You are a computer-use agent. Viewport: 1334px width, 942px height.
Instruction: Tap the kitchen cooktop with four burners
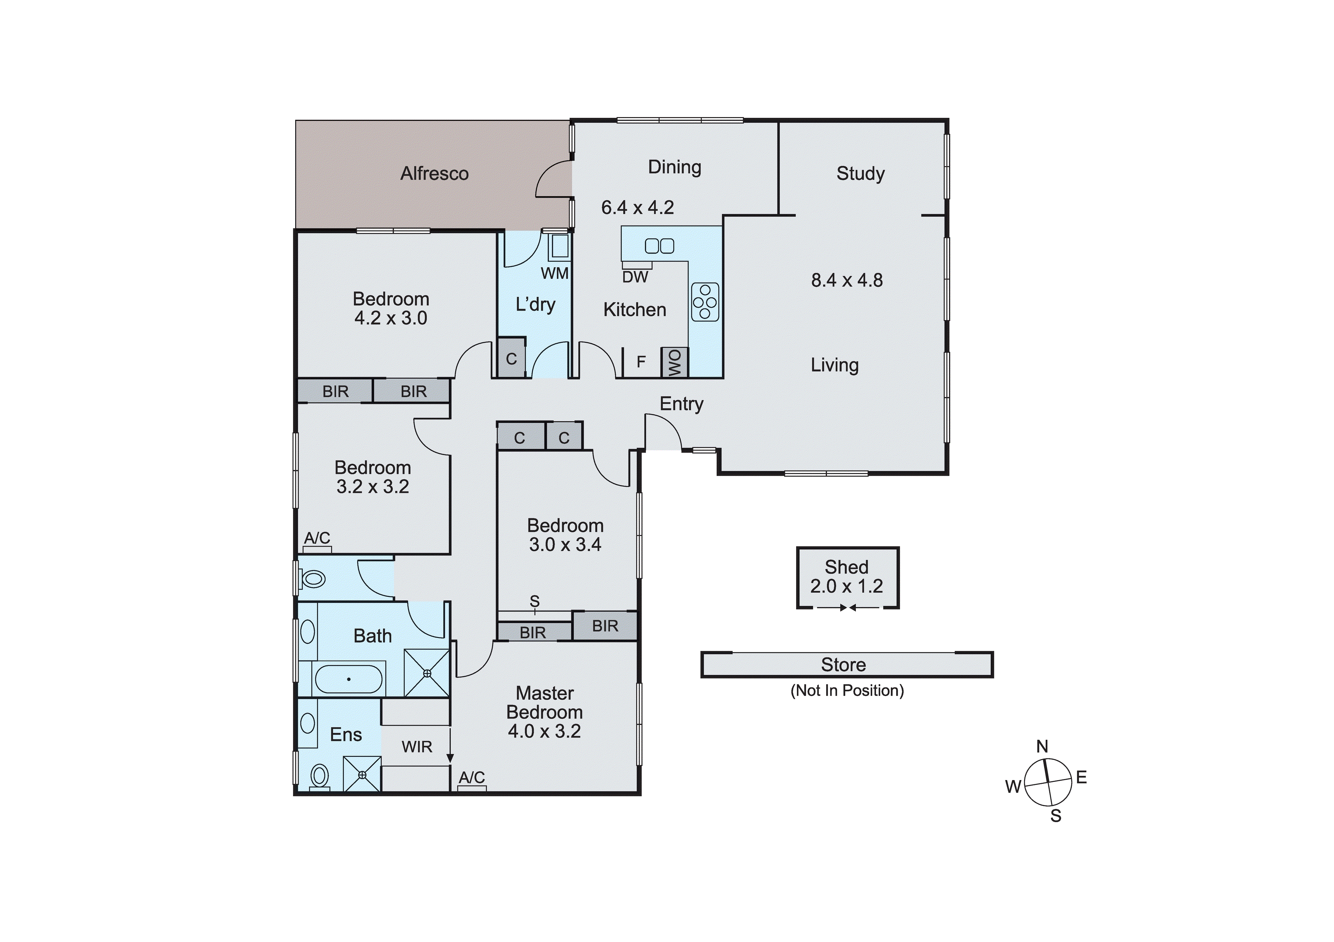click(x=705, y=302)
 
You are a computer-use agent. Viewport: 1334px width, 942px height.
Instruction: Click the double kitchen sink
click(x=660, y=246)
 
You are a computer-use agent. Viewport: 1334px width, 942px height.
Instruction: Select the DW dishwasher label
click(x=634, y=277)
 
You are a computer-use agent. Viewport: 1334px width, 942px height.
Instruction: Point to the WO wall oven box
click(x=674, y=362)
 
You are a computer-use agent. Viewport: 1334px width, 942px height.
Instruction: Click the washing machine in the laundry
click(x=560, y=246)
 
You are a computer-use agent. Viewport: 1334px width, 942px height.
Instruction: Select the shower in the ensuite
click(x=362, y=774)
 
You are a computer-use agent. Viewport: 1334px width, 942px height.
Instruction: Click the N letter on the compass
click(x=1042, y=746)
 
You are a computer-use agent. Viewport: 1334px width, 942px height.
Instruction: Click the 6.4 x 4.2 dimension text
click(x=638, y=207)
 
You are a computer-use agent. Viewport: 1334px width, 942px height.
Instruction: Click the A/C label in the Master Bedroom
click(x=471, y=777)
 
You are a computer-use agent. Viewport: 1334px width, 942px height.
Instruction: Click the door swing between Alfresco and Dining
click(x=552, y=180)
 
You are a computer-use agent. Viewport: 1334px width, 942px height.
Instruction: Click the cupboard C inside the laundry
click(x=511, y=359)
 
